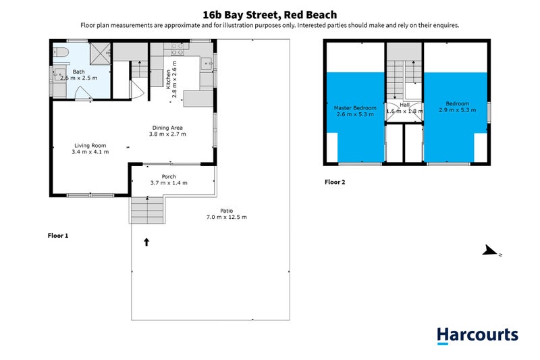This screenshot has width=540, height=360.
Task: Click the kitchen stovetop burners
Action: click(x=178, y=49)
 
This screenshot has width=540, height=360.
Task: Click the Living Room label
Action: click(x=90, y=145)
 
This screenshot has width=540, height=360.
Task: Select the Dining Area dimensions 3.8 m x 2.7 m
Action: click(x=167, y=134)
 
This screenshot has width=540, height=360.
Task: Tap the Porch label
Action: click(x=168, y=176)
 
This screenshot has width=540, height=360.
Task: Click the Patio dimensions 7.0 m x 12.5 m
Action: click(x=227, y=217)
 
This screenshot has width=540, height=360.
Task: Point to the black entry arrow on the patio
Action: click(x=146, y=241)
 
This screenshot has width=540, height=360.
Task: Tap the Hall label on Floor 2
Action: click(x=404, y=105)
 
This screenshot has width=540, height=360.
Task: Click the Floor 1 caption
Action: click(x=58, y=236)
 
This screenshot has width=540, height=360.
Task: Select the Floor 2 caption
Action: click(x=335, y=182)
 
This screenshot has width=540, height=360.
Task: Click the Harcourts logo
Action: click(x=477, y=335)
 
